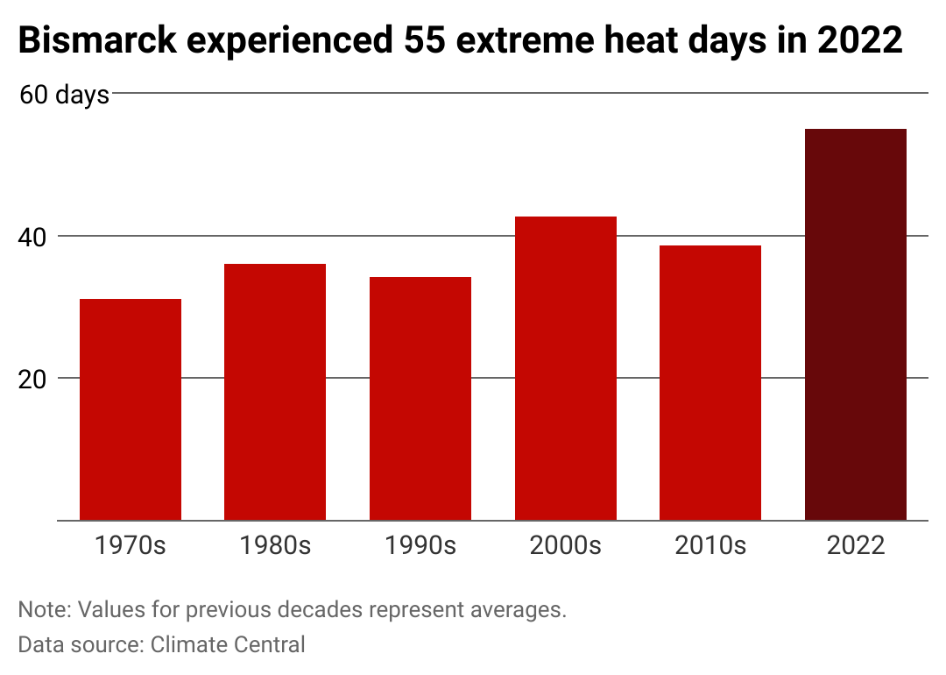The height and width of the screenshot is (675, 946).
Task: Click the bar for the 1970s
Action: [x=131, y=409]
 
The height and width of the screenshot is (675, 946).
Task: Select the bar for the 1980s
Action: [x=275, y=392]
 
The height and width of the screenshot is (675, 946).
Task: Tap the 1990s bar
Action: [x=420, y=399]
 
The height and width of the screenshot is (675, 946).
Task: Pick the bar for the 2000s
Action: [x=566, y=368]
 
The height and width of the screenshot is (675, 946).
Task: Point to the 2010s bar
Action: [x=710, y=383]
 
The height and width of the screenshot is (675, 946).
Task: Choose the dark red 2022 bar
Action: [x=856, y=325]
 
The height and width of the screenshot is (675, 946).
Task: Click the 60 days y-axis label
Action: [x=65, y=96]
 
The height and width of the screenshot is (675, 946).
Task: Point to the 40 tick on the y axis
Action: [x=32, y=238]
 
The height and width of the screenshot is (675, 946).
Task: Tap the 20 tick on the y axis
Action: [x=32, y=380]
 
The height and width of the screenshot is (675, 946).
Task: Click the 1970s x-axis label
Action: [x=131, y=545]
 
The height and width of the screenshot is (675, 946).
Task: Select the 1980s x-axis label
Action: [x=275, y=545]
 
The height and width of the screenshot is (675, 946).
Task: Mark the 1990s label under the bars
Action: [x=420, y=545]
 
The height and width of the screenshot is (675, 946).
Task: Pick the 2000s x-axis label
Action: [x=566, y=545]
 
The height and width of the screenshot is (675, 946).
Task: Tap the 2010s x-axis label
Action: [x=710, y=545]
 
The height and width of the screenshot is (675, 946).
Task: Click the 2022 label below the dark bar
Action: [x=856, y=545]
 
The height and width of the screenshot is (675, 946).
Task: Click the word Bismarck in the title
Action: [x=98, y=40]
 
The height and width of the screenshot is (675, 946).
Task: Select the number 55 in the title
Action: [x=425, y=40]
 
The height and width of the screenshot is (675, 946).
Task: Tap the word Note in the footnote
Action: [x=43, y=610]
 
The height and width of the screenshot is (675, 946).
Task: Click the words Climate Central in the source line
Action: [x=228, y=645]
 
